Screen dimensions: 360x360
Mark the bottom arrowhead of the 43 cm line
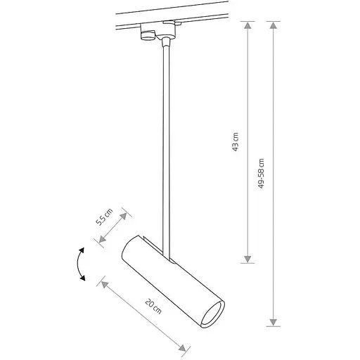pyautogui.click(x=247, y=259)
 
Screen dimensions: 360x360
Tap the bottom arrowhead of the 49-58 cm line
pyautogui.click(x=273, y=323)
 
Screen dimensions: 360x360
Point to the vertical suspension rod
pyautogui.click(x=167, y=141)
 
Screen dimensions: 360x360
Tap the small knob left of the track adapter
pyautogui.click(x=147, y=35)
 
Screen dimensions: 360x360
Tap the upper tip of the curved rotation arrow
pyautogui.click(x=83, y=250)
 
